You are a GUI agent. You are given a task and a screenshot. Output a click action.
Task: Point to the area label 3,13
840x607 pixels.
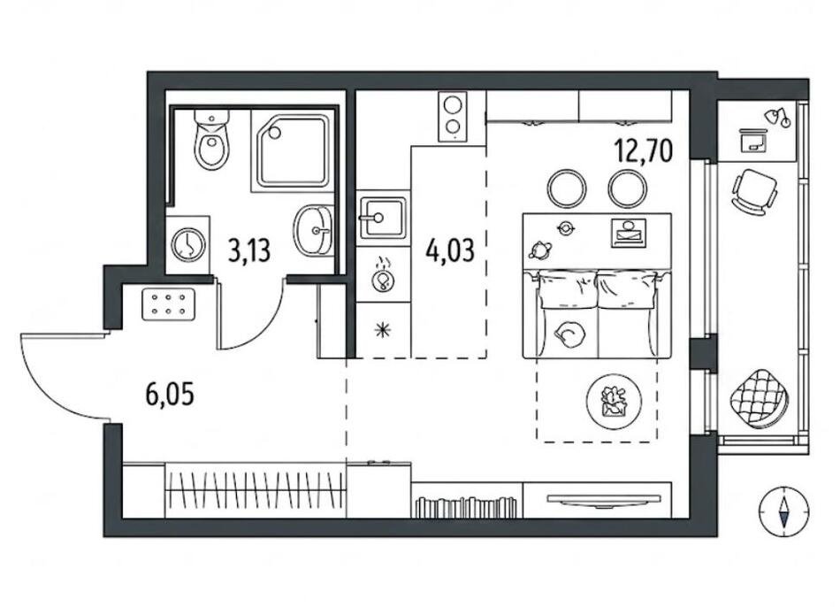pos(248,251)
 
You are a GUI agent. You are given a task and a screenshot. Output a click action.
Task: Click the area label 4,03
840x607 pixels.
pos(450,250)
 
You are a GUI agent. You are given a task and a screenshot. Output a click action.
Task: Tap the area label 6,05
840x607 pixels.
pos(169,396)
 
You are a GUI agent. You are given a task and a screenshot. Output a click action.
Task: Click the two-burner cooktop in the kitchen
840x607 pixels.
pos(452,117)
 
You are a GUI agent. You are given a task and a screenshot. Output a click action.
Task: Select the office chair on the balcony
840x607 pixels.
pos(754,189)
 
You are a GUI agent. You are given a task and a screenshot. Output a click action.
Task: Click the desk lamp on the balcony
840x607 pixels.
pos(777,117)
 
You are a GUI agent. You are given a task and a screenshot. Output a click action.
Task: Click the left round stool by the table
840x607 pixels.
pos(566,188)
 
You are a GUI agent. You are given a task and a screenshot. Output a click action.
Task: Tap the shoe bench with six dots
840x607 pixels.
pos(169,304)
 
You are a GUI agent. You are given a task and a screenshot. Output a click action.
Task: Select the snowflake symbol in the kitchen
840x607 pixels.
pos(383,330)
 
